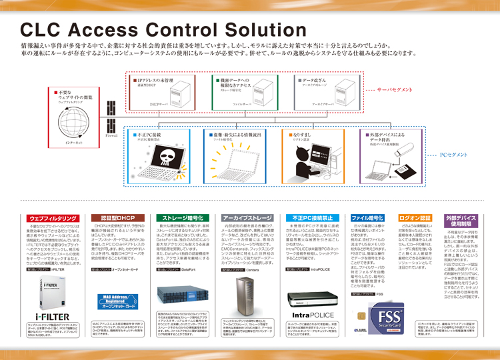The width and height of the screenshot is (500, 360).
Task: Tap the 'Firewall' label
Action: (112, 136)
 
